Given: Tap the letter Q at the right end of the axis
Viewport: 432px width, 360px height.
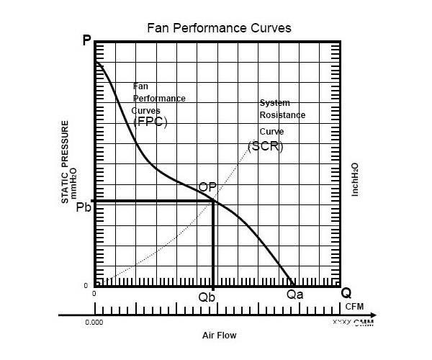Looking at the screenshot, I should coord(346,293).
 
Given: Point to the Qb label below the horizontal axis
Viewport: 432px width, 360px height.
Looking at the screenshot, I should coord(207,297).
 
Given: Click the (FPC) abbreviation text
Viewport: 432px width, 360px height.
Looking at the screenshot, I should coord(150,122).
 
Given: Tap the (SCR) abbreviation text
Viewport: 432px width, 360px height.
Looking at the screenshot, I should coord(266,145).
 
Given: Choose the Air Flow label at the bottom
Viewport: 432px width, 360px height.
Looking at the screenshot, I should coord(219,336).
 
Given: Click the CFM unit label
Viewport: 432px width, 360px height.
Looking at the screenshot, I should coord(355,306).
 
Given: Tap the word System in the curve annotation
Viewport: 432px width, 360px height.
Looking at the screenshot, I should coord(274,104).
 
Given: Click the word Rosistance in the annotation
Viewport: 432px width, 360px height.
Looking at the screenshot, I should coord(282,115).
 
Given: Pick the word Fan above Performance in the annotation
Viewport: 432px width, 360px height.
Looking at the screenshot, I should coord(140,86).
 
